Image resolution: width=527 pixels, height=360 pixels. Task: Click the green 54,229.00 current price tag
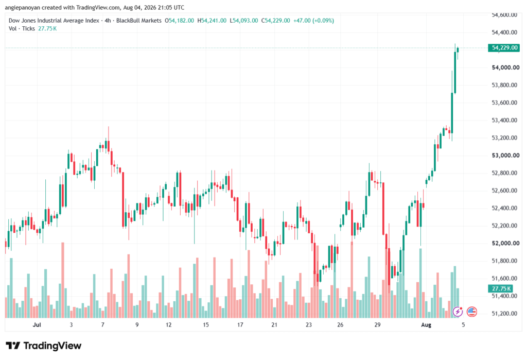pos(503,48)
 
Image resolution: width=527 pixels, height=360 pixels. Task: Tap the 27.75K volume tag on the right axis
pos(501,289)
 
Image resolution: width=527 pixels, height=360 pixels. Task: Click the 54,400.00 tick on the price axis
pos(504,32)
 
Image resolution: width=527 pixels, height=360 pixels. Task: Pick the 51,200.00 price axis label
pos(504,314)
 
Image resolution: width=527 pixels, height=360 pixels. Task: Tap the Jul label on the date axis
pos(37,324)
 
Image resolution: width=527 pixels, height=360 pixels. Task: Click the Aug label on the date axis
pos(426,324)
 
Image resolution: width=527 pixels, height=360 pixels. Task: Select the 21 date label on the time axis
pos(274,324)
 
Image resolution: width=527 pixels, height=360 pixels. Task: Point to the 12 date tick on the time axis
pos(168,324)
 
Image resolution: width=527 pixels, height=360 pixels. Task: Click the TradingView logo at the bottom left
pos(43,346)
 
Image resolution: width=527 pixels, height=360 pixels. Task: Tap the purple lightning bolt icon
pos(458,312)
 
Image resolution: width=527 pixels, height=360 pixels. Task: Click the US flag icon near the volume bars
pos(472,312)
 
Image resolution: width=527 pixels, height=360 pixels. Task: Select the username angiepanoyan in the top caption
pos(22,7)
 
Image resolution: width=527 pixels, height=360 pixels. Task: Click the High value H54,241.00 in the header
pos(212,21)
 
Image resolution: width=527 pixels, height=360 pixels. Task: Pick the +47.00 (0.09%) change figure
pos(313,21)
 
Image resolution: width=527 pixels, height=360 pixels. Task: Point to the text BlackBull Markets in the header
pos(139,21)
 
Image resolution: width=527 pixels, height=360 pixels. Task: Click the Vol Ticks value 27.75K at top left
pos(47,29)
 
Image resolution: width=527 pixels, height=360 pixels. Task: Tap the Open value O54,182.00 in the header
pos(179,21)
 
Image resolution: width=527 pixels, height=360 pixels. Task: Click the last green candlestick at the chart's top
pos(458,50)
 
